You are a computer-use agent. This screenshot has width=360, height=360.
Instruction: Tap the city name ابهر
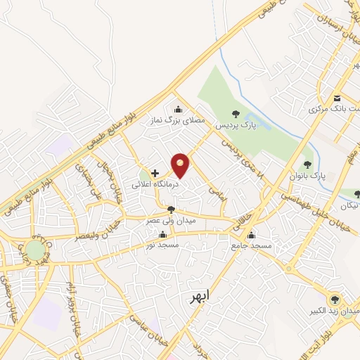(200, 297)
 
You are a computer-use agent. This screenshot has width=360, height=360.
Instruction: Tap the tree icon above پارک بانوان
(307, 165)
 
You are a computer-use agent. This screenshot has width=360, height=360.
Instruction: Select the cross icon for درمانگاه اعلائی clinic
(155, 172)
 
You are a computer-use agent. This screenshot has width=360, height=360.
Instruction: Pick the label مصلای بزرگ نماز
(180, 121)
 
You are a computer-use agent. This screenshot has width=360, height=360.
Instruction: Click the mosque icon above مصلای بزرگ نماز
(177, 109)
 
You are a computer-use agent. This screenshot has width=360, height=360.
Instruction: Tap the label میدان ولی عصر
(171, 220)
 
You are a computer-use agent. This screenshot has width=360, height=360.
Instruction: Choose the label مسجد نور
(163, 245)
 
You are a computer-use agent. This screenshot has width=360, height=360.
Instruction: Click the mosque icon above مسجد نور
(163, 234)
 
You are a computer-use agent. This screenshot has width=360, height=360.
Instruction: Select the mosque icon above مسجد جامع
(251, 235)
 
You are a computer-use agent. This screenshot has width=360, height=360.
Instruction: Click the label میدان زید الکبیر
(335, 310)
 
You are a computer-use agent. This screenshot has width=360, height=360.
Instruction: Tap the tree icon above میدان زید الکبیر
(335, 299)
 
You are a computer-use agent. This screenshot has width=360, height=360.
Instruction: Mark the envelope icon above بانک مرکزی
(337, 98)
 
